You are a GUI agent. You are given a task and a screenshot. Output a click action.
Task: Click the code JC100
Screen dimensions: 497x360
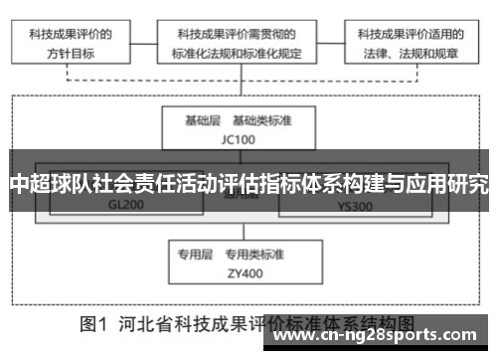[239, 138]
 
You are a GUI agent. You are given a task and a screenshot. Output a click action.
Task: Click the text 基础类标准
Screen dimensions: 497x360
[263, 120]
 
